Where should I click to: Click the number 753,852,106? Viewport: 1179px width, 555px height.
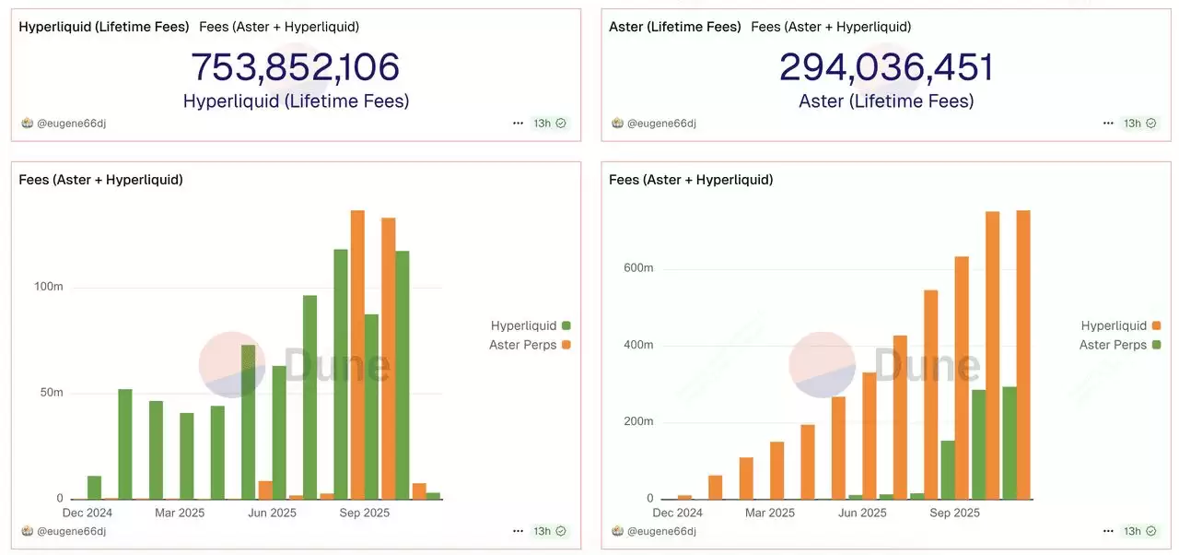[295, 67]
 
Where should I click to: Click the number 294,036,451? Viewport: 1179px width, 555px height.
[886, 67]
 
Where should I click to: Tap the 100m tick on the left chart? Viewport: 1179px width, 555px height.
[49, 287]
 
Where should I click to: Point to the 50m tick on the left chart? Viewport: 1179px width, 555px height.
[52, 393]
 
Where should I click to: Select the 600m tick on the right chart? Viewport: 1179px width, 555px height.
[637, 268]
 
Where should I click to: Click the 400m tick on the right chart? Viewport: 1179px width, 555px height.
[637, 346]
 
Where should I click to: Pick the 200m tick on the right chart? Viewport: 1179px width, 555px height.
[637, 422]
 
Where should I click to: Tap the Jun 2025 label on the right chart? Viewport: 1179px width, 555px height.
[861, 513]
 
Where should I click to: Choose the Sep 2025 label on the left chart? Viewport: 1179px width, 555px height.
[365, 513]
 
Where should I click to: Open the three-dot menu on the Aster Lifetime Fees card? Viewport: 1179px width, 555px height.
[1108, 123]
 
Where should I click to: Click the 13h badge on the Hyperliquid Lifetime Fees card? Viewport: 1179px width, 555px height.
[550, 123]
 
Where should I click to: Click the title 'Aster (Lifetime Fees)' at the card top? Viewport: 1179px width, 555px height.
[675, 27]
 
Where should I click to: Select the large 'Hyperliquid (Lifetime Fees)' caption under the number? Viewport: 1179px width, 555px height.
[296, 100]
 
